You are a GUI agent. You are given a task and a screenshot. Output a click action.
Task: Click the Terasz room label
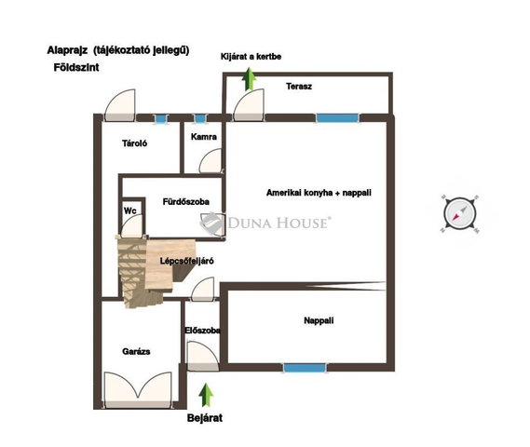point(299,87)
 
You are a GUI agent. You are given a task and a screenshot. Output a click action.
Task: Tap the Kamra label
point(203,137)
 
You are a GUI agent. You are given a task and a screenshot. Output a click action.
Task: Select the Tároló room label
point(134,143)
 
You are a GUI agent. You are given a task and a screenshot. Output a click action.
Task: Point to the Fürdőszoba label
point(186,202)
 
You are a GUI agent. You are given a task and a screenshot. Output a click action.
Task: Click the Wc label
point(130,210)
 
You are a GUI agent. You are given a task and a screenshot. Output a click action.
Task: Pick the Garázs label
point(136,351)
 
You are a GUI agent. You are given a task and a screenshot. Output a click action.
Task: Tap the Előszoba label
point(202,330)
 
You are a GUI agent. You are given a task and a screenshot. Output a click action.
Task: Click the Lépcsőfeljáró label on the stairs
point(186,261)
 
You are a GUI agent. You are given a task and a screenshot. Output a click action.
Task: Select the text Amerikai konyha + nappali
point(319,193)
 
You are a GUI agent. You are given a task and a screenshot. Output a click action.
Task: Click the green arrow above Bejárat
point(206,395)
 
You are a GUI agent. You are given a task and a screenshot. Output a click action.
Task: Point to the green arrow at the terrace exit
point(250,79)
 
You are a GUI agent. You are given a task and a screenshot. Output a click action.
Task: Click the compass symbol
point(460,214)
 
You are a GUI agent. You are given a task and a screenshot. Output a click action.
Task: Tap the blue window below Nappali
point(305,367)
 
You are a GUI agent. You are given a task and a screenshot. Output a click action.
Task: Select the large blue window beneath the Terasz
point(337,118)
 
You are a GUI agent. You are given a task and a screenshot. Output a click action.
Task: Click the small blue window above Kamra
point(199,118)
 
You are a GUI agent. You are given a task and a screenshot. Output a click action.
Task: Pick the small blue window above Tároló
point(160,119)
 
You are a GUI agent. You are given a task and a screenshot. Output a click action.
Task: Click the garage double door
point(138,388)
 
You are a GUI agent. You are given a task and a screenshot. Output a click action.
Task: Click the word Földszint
point(76,68)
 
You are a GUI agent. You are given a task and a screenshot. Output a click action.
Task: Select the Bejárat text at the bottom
point(205,418)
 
